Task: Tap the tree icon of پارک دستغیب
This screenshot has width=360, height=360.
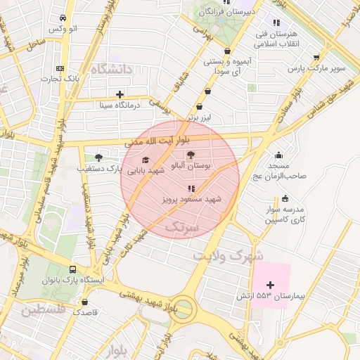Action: [98, 157]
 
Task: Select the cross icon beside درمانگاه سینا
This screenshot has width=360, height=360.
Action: [120, 94]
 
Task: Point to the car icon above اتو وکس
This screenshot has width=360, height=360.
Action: [64, 18]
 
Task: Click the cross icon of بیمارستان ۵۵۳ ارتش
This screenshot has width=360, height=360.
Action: [271, 284]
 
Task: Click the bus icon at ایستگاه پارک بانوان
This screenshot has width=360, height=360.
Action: [73, 269]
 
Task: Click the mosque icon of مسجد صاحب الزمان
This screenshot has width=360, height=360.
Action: [279, 155]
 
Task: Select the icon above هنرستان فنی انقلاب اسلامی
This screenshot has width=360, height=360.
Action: [276, 23]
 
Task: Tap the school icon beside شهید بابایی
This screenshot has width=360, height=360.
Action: [146, 160]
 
